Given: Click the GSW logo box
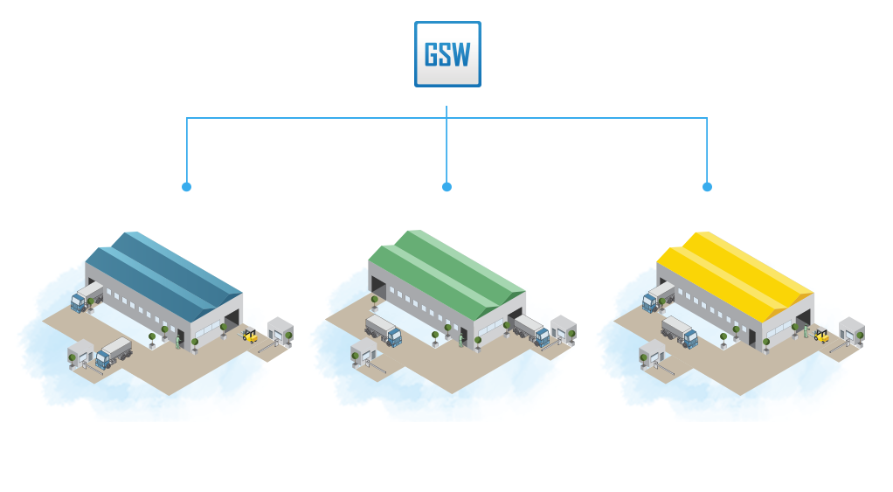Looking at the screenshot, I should coord(447,54).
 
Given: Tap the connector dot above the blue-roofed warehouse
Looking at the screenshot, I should coord(186,187).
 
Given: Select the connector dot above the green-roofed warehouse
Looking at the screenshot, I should coord(446,187).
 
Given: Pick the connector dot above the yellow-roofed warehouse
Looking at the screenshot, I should coord(707,187).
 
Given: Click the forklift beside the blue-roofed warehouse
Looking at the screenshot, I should coord(250,335).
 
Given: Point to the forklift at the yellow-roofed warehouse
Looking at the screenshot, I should coord(820,335).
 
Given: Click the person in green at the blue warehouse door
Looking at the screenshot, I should coord(178,342).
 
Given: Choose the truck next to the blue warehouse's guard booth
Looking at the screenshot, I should coord(114,352).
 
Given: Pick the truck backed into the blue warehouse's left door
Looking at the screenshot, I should coord(87,296).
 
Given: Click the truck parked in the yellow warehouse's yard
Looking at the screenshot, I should coord(680,331).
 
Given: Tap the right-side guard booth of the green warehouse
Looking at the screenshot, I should coord(563,330).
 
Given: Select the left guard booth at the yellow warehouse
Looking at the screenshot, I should coord(651,354).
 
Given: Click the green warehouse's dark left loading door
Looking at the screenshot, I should coord(377,288).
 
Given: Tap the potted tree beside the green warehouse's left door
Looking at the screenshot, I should coord(375,302).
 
